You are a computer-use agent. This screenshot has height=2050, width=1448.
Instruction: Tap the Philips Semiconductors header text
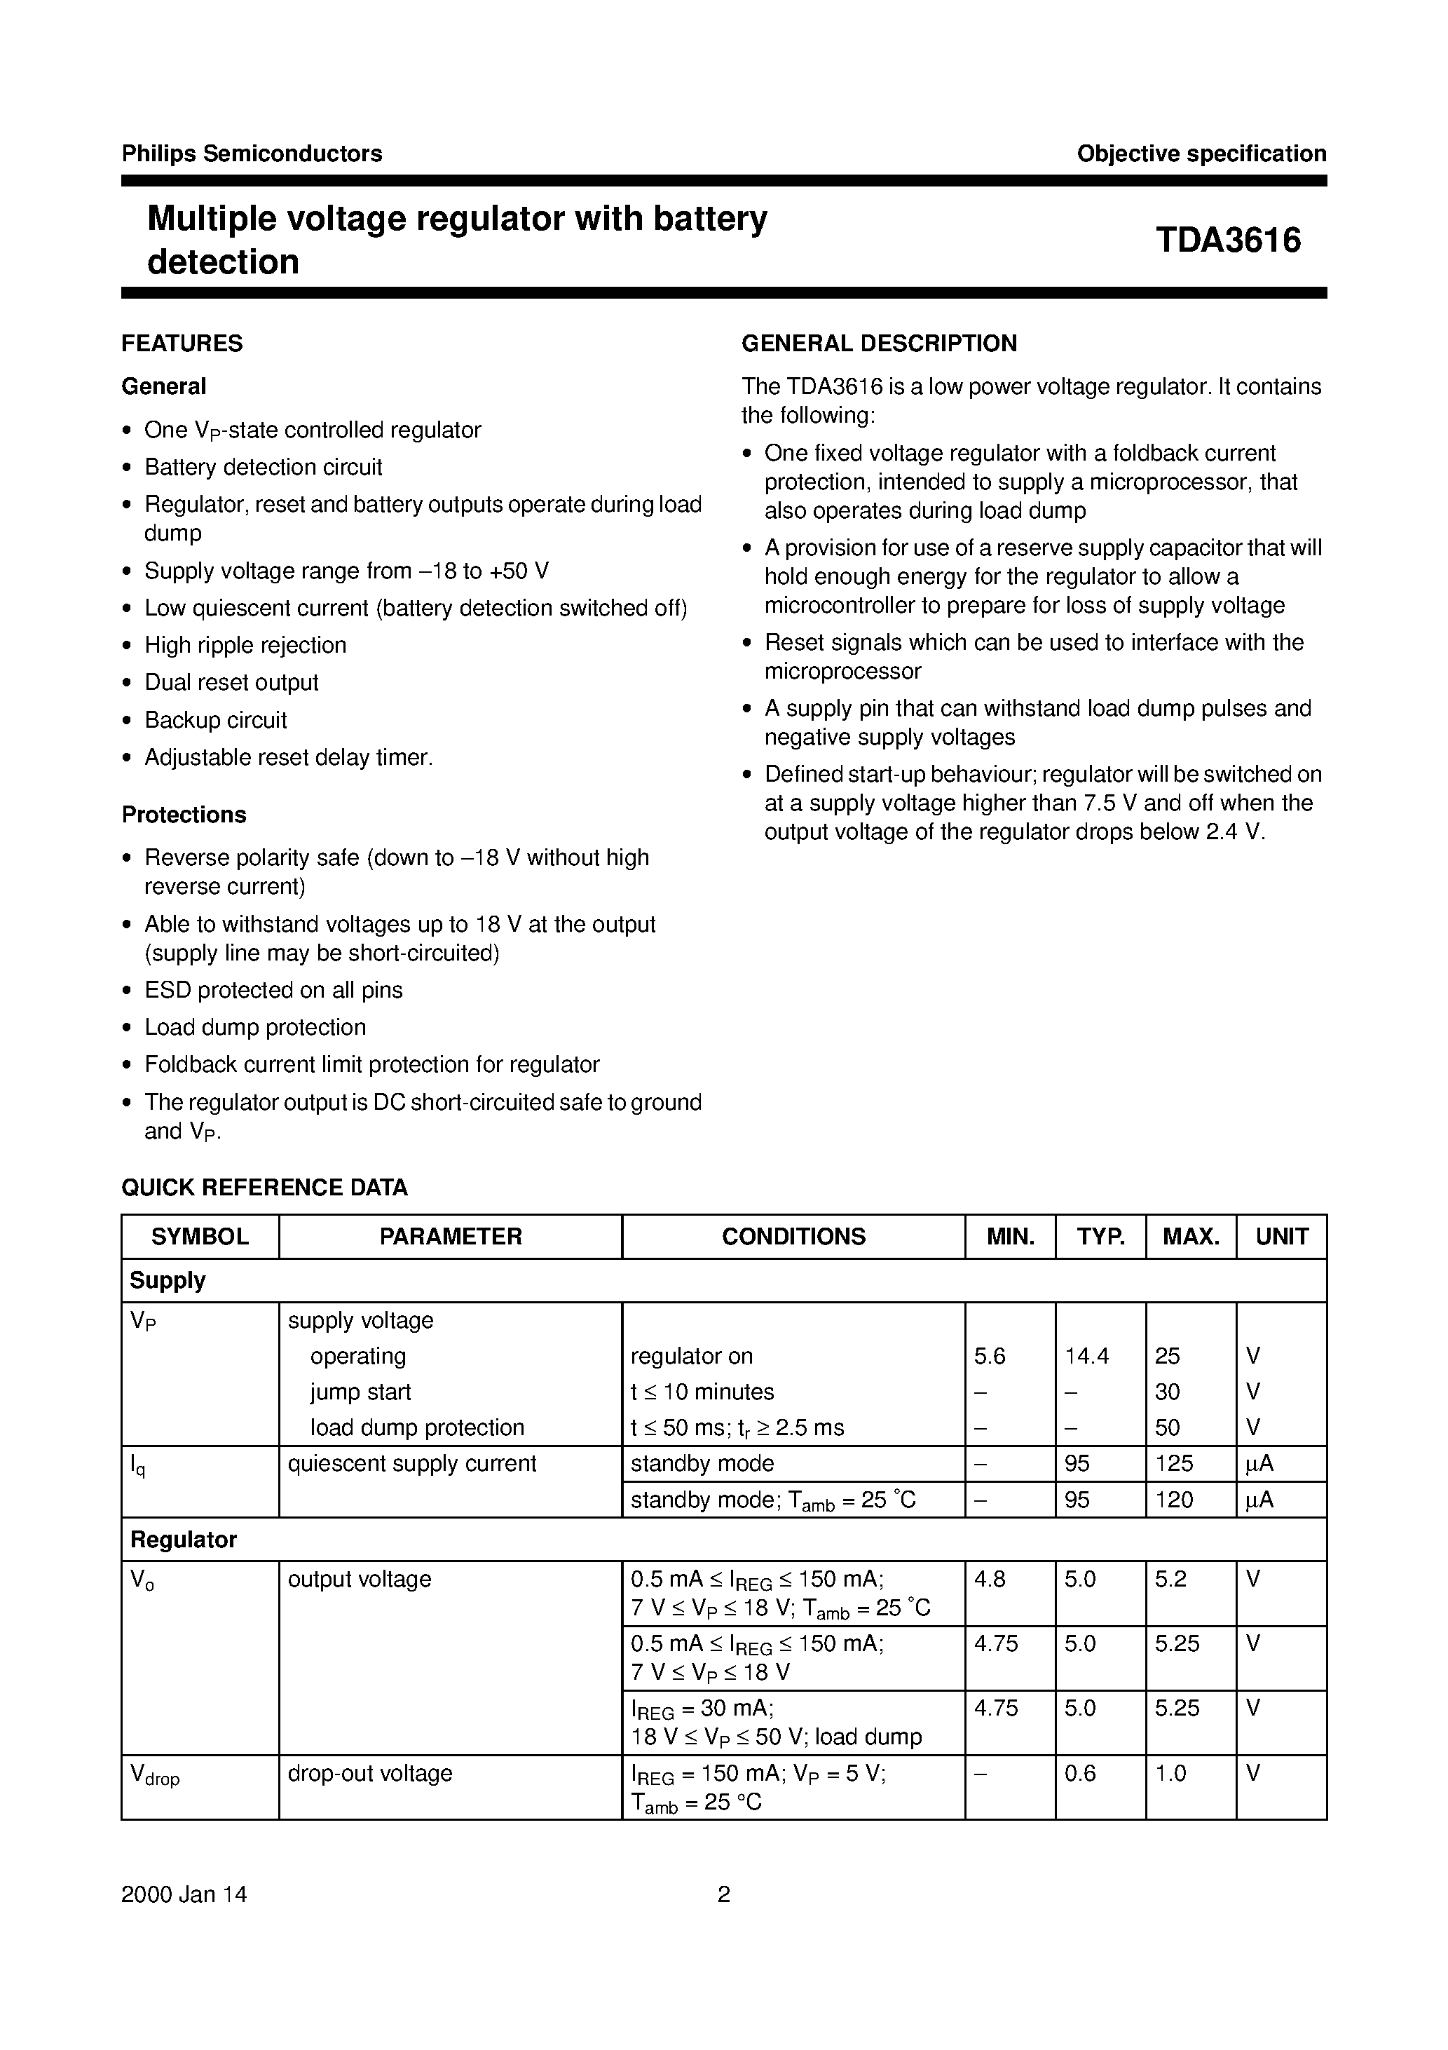252,154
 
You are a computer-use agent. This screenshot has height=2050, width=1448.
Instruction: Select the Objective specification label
1201,154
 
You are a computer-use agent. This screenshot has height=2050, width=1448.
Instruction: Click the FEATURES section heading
182,344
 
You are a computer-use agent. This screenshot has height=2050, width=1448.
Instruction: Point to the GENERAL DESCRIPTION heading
880,344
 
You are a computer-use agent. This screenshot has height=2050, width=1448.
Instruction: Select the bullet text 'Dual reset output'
231,682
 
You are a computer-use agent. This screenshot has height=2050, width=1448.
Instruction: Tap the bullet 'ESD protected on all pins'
273,989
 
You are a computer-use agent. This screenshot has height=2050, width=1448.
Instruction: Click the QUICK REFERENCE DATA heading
264,1188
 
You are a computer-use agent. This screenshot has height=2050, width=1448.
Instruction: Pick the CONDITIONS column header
793,1237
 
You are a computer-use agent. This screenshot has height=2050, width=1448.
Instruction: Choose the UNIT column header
1281,1237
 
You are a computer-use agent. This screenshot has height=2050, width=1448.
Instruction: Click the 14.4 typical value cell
1086,1356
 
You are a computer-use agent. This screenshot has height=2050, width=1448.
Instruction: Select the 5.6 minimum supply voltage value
989,1356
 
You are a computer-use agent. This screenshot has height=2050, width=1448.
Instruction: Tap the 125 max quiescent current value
1173,1463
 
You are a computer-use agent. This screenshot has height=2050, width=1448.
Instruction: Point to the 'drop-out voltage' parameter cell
369,1773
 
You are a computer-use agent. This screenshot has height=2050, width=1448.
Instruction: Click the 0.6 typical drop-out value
1079,1773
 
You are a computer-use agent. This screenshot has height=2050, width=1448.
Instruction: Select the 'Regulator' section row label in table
183,1540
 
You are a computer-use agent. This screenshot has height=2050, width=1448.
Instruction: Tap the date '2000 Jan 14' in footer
184,1894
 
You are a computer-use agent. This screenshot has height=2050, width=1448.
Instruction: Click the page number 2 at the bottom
724,1894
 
